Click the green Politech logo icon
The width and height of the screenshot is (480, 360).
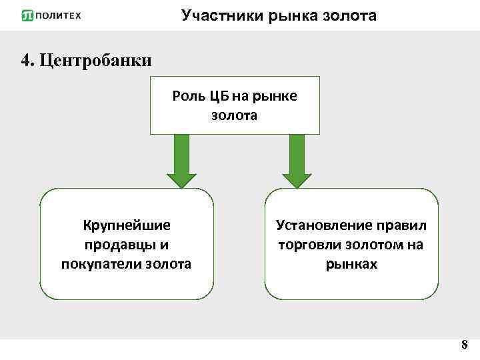click(27, 15)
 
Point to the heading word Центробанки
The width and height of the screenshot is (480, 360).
click(96, 61)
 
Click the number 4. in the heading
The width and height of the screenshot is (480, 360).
click(28, 61)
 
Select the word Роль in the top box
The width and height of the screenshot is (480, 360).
click(187, 96)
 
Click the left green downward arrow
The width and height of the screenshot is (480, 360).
click(181, 161)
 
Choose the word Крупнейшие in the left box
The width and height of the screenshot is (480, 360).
click(127, 225)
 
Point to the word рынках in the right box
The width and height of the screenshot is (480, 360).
click(351, 264)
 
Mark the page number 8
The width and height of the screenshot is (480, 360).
click(464, 345)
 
